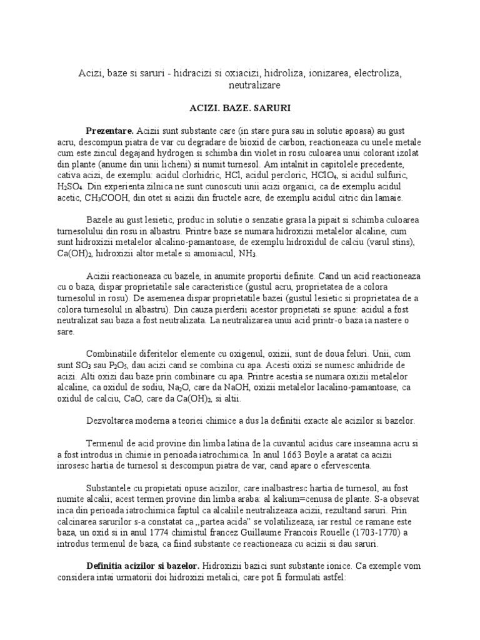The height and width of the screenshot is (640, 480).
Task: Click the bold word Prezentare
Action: pyautogui.click(x=110, y=130)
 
